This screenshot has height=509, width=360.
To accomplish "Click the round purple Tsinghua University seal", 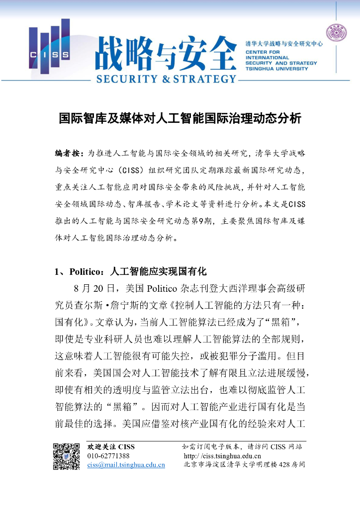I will coord(336,33).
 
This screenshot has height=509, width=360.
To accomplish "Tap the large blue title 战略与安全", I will coord(166,52).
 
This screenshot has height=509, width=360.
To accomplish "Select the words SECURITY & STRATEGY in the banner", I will coord(166,79).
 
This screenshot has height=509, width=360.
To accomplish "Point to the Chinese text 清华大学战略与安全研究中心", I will coord(284,44).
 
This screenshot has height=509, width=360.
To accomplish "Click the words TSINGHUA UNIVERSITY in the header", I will coord(276,69).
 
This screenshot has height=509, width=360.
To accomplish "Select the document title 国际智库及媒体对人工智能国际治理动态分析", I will coord(180,120).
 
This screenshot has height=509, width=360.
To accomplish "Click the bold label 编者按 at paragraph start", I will coord(69,152).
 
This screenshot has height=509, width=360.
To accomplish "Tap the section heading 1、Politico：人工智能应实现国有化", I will coord(130,271).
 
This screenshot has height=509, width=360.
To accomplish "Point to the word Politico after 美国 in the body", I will coord(164,288).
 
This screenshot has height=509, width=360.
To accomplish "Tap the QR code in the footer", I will coord(67,456).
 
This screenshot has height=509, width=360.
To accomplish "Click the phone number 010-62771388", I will coord(108,456).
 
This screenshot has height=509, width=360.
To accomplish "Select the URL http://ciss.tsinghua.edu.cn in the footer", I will coord(222,456).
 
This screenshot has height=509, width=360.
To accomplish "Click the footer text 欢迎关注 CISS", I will coord(111,446).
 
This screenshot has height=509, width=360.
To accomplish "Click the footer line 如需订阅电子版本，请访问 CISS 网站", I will coord(242,446).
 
